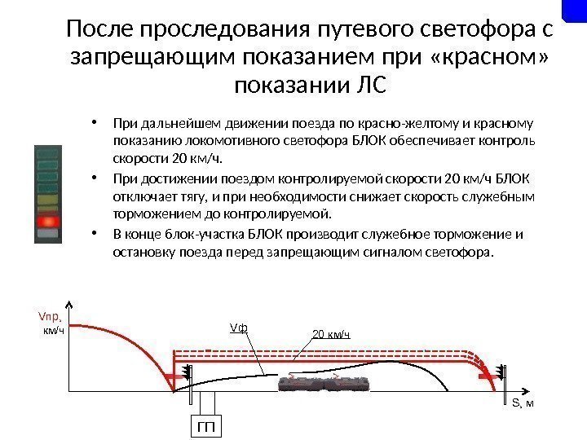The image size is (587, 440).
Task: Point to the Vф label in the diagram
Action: (x=239, y=328)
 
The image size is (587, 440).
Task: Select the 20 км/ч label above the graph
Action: (x=332, y=334)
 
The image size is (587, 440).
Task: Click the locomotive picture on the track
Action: (x=326, y=385)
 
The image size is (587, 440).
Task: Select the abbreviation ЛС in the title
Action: (x=367, y=85)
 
